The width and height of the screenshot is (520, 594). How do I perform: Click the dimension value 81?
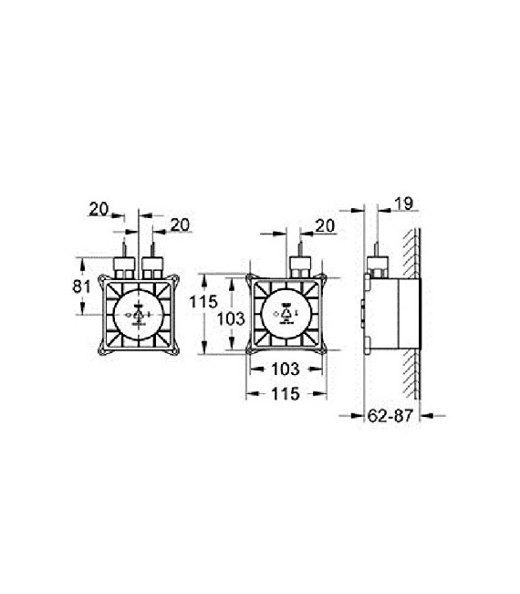[x=80, y=286]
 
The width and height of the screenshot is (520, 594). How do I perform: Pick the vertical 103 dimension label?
[x=233, y=318]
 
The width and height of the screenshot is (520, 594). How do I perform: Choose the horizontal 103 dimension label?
[x=286, y=369]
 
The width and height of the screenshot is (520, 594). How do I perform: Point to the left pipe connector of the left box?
[x=122, y=268]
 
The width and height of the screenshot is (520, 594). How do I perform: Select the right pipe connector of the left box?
[x=151, y=268]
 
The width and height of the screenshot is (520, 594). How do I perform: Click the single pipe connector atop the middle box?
[x=299, y=268]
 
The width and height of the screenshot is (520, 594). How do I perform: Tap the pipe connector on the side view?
[x=378, y=268]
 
